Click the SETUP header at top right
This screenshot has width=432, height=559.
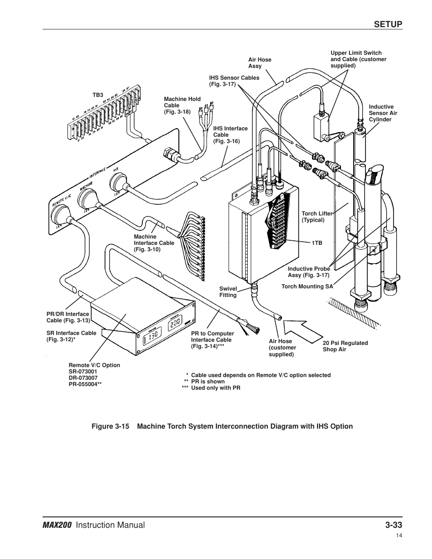(388, 24)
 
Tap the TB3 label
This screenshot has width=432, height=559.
(98, 95)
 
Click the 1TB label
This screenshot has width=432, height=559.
(317, 243)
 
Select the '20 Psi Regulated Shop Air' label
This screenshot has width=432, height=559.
(345, 346)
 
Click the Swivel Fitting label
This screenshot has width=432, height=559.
(228, 292)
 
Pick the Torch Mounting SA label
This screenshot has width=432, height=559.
(307, 287)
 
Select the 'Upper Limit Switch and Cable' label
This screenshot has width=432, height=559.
(358, 59)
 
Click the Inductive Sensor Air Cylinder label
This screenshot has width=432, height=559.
(383, 113)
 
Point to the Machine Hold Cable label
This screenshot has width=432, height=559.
(182, 105)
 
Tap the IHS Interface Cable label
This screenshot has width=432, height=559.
(230, 135)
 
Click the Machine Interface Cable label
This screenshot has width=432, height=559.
(154, 243)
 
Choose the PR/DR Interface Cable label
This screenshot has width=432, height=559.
(68, 317)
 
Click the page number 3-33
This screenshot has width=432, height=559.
(394, 525)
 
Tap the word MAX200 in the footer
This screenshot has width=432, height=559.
(57, 525)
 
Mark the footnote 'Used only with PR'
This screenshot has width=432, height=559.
(216, 388)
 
